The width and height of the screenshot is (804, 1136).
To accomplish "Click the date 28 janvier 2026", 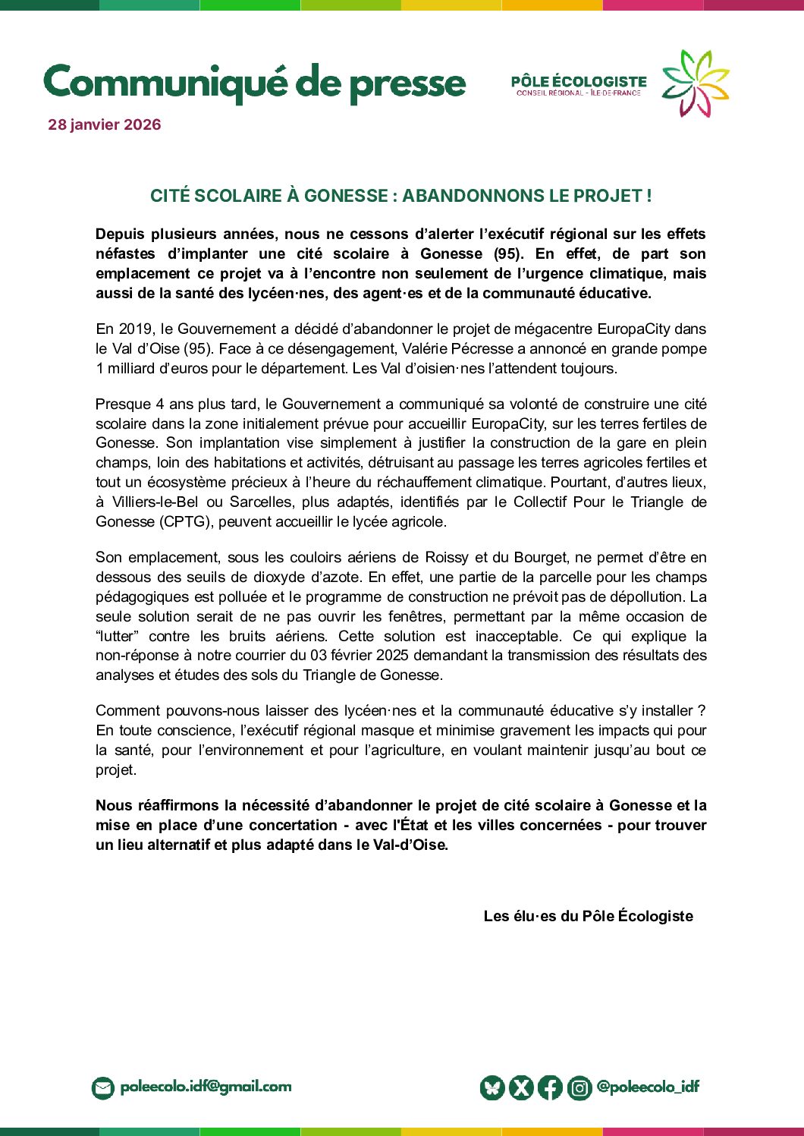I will [105, 125].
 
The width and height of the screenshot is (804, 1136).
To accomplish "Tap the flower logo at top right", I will [695, 83].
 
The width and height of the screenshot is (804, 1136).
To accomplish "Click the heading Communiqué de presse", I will [255, 83].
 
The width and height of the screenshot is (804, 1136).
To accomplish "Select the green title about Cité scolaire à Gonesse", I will [400, 196].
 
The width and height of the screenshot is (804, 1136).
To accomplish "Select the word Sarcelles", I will [262, 502].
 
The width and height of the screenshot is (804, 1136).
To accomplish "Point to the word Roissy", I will [447, 558].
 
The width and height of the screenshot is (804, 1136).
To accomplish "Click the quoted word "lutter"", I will [118, 637].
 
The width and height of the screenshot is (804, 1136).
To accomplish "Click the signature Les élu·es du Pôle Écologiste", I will [588, 917].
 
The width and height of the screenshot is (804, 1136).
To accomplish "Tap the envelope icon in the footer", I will [102, 1088].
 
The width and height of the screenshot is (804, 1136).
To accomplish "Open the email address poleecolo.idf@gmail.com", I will [206, 1087].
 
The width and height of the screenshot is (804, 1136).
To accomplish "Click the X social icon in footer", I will [521, 1088].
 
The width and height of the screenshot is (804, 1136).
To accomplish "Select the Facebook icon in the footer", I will [550, 1088].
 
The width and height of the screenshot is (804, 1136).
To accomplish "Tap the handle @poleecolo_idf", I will [648, 1087].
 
